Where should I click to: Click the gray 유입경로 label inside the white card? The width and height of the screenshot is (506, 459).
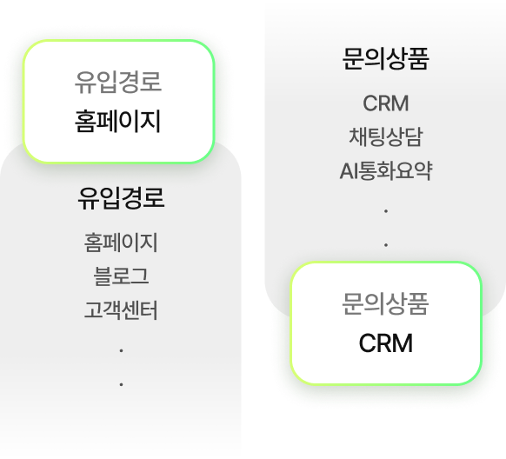point(118,83)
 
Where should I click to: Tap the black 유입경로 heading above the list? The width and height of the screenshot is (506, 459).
point(121,198)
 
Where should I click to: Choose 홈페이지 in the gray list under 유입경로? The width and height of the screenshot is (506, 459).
point(121,242)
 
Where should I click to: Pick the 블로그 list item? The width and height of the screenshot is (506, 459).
point(121,276)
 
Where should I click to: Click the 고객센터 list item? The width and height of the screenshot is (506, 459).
point(121,309)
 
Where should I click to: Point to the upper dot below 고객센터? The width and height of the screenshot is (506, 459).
point(121,350)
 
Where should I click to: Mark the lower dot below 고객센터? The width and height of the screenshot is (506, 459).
point(121,383)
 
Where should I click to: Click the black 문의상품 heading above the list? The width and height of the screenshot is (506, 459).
point(386,61)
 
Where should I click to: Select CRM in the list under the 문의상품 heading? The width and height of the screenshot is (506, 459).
point(386,103)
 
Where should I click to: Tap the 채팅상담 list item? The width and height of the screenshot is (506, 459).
point(386,137)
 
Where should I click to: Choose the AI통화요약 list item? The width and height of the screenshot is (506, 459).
point(386,171)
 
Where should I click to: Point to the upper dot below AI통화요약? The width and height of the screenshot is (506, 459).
point(385,211)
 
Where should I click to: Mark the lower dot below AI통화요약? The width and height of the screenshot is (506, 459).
point(385,245)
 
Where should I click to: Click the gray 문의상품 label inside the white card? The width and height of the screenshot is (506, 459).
point(386,305)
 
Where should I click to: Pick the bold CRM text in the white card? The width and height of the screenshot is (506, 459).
point(386,343)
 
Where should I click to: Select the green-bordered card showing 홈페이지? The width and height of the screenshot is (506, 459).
point(118,102)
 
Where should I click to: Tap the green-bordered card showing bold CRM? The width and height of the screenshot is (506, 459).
point(386,323)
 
